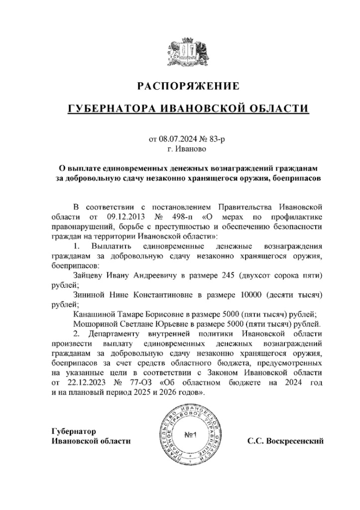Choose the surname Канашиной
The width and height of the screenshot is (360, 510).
(x=93, y=314)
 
